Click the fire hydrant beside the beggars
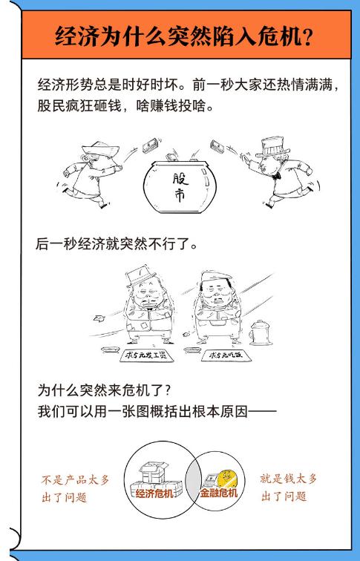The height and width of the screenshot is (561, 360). pyautogui.click(x=261, y=333)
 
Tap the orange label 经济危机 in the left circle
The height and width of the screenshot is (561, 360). pyautogui.click(x=156, y=492)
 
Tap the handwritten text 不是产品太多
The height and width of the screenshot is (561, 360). pyautogui.click(x=75, y=479)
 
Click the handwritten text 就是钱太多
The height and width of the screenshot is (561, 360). pyautogui.click(x=288, y=479)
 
